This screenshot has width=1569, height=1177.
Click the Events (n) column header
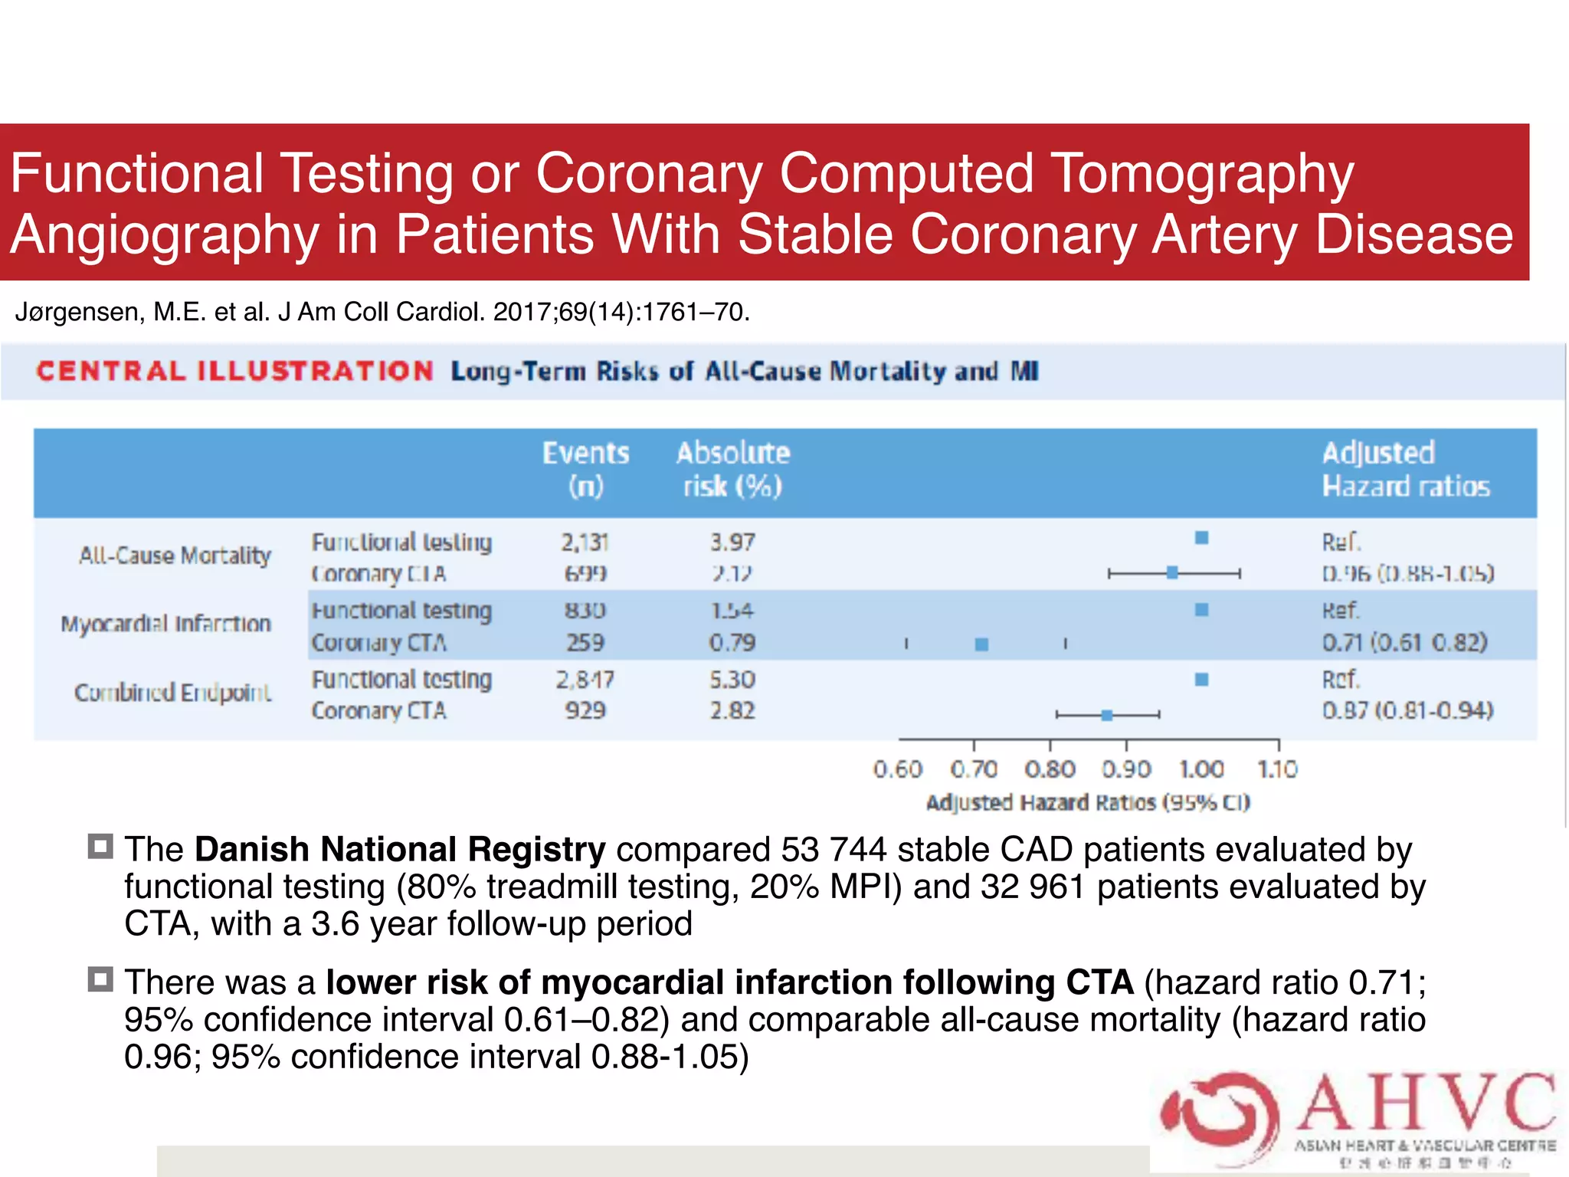pyautogui.click(x=585, y=469)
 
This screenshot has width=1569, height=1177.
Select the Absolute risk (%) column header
pyautogui.click(x=732, y=469)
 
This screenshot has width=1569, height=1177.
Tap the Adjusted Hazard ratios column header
pyautogui.click(x=1405, y=469)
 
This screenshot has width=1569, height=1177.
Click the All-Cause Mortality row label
pyautogui.click(x=175, y=555)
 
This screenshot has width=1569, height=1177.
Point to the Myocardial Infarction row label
pyautogui.click(x=166, y=624)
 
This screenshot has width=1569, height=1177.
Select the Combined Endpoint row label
pyautogui.click(x=172, y=693)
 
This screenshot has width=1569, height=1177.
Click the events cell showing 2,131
pyautogui.click(x=585, y=543)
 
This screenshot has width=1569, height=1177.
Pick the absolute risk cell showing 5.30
pyautogui.click(x=732, y=680)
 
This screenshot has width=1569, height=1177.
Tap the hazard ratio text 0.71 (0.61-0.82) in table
pyautogui.click(x=1404, y=642)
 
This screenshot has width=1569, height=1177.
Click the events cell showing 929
pyautogui.click(x=585, y=710)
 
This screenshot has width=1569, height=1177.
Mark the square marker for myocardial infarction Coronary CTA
pyautogui.click(x=981, y=644)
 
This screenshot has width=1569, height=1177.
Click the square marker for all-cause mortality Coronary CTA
pyautogui.click(x=1172, y=572)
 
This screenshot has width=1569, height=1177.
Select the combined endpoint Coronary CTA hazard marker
pyautogui.click(x=1106, y=715)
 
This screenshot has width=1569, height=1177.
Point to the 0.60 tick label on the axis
pyautogui.click(x=897, y=769)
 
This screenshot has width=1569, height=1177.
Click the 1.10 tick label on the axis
pyautogui.click(x=1277, y=769)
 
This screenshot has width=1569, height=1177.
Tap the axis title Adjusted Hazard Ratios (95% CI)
pyautogui.click(x=1088, y=802)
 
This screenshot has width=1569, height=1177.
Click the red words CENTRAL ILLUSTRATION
pyautogui.click(x=234, y=372)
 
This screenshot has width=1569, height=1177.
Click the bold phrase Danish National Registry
pyautogui.click(x=400, y=849)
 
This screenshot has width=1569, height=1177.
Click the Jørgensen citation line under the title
pyautogui.click(x=382, y=312)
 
